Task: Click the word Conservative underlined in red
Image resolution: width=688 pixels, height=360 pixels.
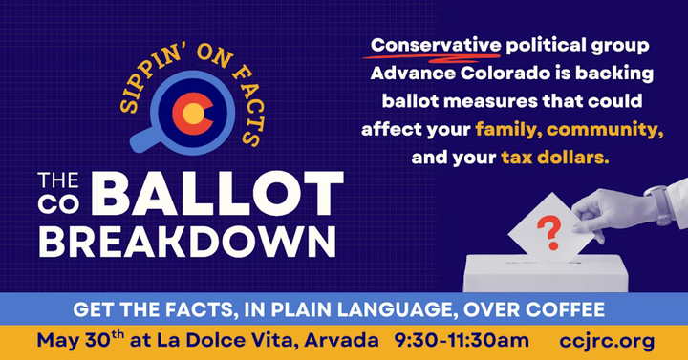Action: pos(436,45)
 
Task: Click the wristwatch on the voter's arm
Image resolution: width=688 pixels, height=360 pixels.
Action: pos(659,204)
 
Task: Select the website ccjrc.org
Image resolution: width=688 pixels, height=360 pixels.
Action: pos(607,342)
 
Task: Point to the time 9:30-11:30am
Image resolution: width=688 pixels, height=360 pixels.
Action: pos(462,340)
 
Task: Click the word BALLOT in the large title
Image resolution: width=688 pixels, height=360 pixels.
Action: pos(217,193)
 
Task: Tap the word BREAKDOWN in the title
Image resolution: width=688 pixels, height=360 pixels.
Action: pos(187,242)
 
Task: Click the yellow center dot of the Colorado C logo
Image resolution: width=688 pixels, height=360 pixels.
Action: pos(193,114)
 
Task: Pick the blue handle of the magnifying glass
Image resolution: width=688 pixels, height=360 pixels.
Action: pos(142,139)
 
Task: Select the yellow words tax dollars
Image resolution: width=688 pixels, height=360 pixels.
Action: pos(555,157)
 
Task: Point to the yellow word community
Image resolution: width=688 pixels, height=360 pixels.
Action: pos(605,130)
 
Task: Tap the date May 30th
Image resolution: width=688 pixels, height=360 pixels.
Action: pos(80,340)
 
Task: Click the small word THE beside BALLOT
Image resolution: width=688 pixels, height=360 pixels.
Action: pos(58,180)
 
